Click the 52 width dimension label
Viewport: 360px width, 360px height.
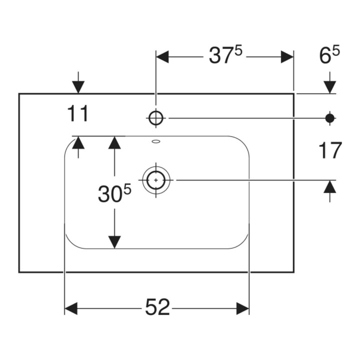click(157, 306)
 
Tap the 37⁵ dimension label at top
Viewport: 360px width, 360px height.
click(225, 55)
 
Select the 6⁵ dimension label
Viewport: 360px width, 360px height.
click(329, 55)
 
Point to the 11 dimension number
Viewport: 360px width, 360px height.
click(78, 113)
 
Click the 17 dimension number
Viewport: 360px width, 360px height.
click(330, 150)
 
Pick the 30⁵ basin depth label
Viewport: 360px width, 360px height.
click(114, 193)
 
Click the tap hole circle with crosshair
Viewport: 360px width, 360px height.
click(156, 118)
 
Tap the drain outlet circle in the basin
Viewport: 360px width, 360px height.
click(156, 180)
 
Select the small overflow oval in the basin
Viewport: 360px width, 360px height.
click(156, 141)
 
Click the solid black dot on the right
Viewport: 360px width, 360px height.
click(330, 118)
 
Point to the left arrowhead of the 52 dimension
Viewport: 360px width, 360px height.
click(71, 308)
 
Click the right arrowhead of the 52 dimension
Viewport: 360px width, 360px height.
click(242, 308)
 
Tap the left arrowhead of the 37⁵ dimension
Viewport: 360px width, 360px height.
click(162, 56)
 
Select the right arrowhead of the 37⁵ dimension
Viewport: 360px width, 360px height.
click(287, 56)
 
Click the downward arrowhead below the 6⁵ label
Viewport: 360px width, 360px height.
click(330, 87)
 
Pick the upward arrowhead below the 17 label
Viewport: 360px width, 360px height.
click(330, 186)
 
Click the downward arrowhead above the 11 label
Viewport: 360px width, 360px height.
click(78, 87)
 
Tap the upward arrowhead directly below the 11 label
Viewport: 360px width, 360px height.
click(78, 142)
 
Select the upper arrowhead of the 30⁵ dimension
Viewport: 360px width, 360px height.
click(114, 142)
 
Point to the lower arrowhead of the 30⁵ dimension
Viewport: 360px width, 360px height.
click(114, 242)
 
